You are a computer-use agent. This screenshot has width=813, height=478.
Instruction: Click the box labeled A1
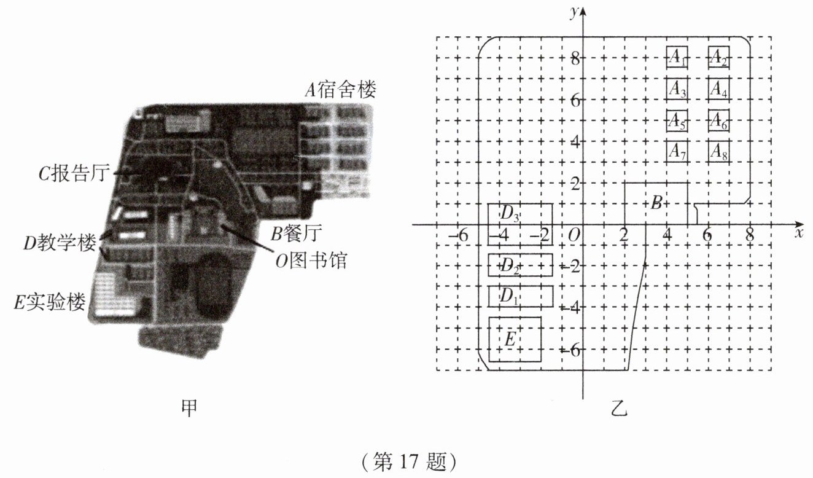click(677, 58)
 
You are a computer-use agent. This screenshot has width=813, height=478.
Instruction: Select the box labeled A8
click(718, 151)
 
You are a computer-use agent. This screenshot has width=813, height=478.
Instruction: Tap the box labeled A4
click(718, 89)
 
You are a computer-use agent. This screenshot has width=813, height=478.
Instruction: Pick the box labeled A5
click(677, 120)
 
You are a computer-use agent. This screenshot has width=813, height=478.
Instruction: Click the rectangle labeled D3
click(520, 214)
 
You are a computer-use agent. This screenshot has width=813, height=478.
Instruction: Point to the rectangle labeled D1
click(520, 296)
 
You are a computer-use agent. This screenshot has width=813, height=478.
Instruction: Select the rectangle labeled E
click(515, 339)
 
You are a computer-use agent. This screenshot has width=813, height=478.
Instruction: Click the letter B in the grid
click(656, 203)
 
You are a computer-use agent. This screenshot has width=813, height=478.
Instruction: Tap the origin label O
click(574, 235)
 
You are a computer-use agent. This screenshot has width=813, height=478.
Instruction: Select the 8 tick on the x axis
click(749, 235)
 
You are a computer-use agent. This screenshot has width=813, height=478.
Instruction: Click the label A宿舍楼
click(341, 90)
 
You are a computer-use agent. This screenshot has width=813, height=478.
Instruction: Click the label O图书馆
click(311, 261)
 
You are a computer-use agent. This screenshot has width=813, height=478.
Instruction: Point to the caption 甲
click(189, 409)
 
